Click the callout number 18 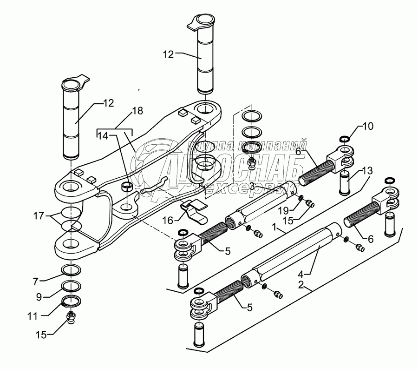tap(137, 111)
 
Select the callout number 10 tap(367, 126)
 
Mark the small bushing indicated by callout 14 tap(125, 187)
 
